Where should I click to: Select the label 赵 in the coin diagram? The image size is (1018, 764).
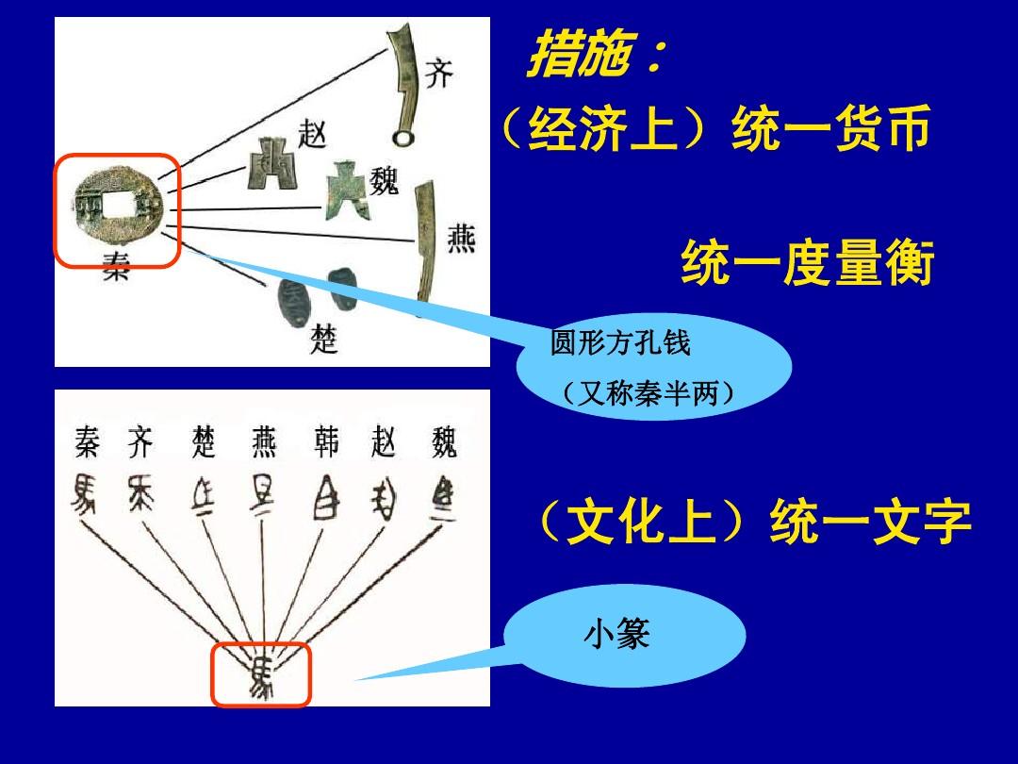click(x=311, y=134)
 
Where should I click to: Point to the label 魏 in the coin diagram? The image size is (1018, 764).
click(x=385, y=179)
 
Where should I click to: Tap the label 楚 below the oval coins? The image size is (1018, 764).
click(x=324, y=340)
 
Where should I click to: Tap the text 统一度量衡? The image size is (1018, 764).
click(x=807, y=264)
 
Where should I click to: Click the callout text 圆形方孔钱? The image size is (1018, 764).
click(x=620, y=343)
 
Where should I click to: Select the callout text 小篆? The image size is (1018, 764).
click(x=616, y=634)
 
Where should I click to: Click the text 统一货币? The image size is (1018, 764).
click(x=831, y=129)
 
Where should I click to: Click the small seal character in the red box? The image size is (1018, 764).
click(x=261, y=675)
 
